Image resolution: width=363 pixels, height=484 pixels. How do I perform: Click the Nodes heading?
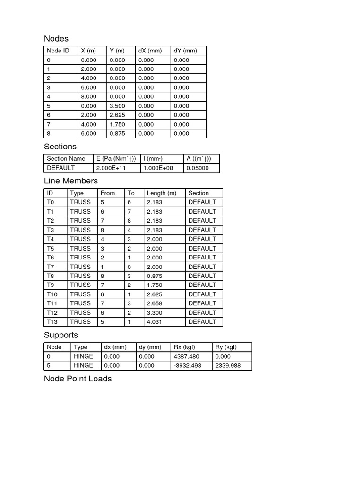tap(56, 39)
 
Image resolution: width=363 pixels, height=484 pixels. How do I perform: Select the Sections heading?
tap(60, 147)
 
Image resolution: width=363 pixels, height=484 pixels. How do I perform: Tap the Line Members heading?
tap(71, 181)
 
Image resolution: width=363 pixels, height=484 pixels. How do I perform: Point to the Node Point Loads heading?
tap(78, 379)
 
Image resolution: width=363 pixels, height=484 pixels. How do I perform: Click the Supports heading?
tap(61, 335)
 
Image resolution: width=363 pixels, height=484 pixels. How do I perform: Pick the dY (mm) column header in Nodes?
tap(185, 51)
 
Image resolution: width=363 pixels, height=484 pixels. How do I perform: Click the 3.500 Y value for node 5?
tap(117, 106)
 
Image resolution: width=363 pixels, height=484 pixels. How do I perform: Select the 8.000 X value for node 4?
tap(88, 96)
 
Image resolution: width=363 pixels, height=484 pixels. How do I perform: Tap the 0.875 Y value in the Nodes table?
tap(117, 133)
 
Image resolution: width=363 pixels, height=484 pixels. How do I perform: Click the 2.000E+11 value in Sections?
tap(111, 168)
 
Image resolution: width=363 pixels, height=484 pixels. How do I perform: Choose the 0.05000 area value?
tap(197, 168)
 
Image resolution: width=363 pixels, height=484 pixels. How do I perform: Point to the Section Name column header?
tap(66, 159)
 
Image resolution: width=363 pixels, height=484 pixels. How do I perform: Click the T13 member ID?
tap(52, 321)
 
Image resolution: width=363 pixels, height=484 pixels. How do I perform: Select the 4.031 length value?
tap(155, 321)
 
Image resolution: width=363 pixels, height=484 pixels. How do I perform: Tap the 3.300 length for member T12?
tap(155, 312)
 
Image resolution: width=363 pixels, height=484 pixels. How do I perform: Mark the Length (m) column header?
tap(161, 193)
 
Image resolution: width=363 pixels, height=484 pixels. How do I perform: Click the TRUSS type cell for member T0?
tap(80, 202)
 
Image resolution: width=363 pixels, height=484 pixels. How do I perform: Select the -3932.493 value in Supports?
tap(188, 365)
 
